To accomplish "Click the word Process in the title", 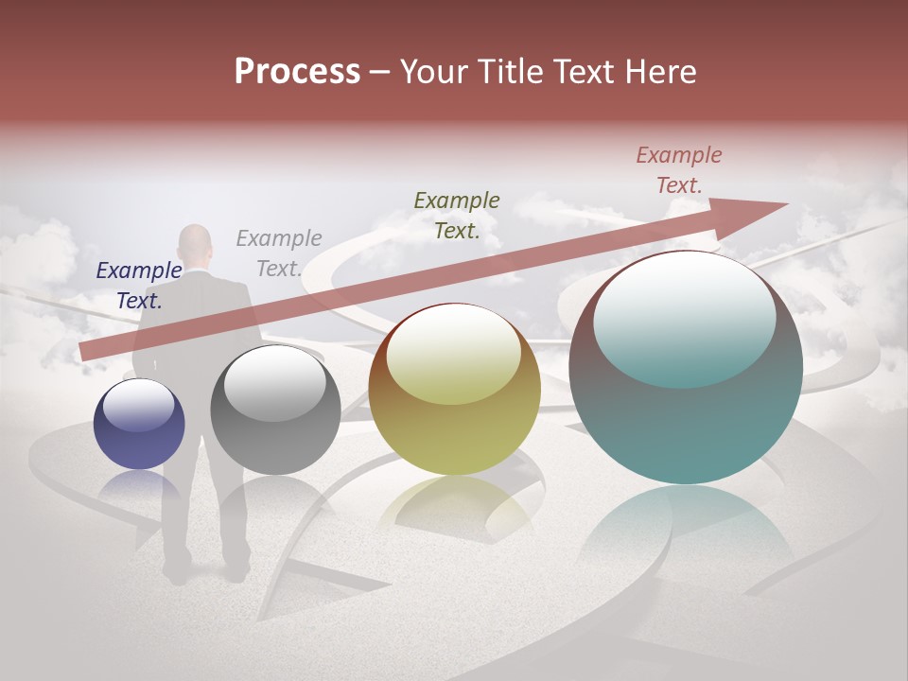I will click(x=297, y=72).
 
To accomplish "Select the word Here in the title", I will click(x=658, y=72).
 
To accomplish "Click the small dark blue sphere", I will click(x=139, y=425).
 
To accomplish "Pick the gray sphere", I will click(x=275, y=410).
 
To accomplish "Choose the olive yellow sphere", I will click(x=454, y=390).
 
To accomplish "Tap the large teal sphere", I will click(x=686, y=368).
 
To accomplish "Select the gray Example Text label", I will click(x=279, y=253).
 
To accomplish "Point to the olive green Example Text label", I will click(x=457, y=216).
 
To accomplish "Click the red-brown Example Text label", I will click(x=679, y=170).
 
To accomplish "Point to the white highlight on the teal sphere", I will click(x=684, y=317).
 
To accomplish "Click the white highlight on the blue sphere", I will click(x=138, y=404).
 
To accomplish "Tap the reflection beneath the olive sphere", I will click(x=454, y=506).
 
